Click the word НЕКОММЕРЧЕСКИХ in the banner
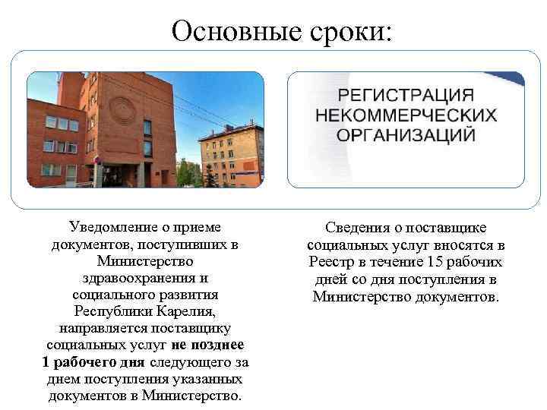pyautogui.click(x=406, y=115)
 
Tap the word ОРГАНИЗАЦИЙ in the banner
pyautogui.click(x=406, y=135)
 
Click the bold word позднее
pyautogui.click(x=218, y=345)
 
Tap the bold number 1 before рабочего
pyautogui.click(x=46, y=361)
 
